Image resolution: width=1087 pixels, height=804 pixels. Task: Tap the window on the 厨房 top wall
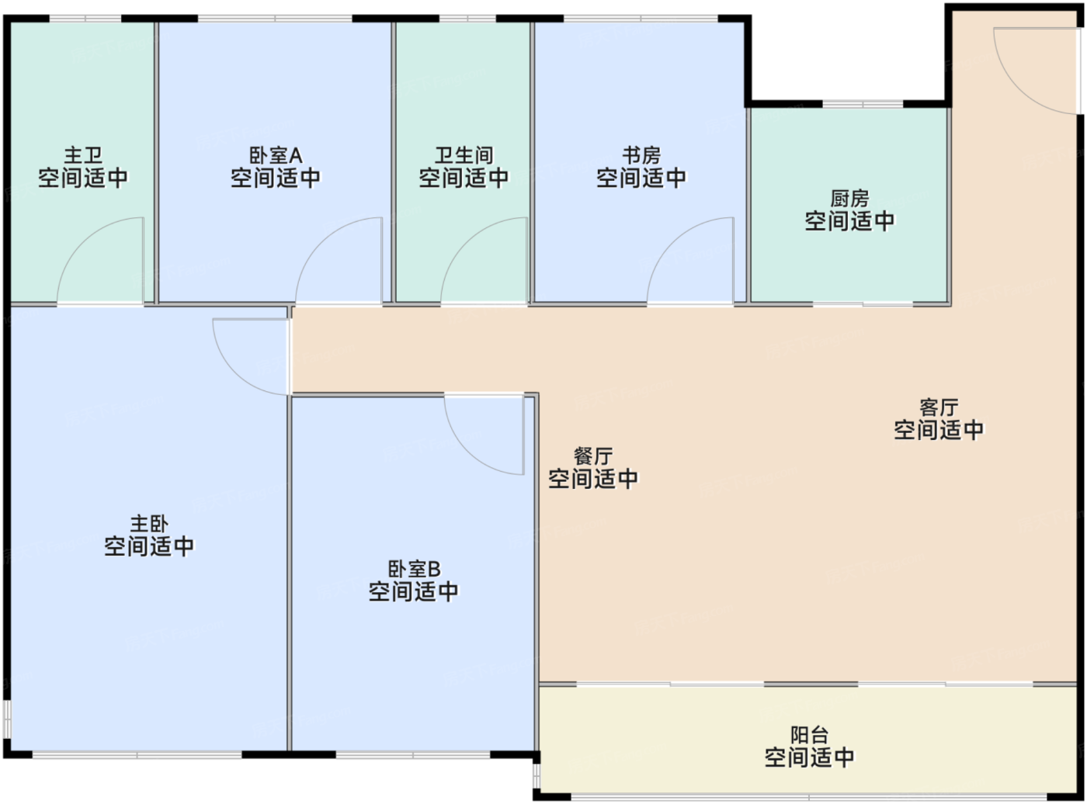click(x=863, y=103)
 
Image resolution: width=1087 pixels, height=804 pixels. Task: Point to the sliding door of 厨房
click(x=863, y=303)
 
